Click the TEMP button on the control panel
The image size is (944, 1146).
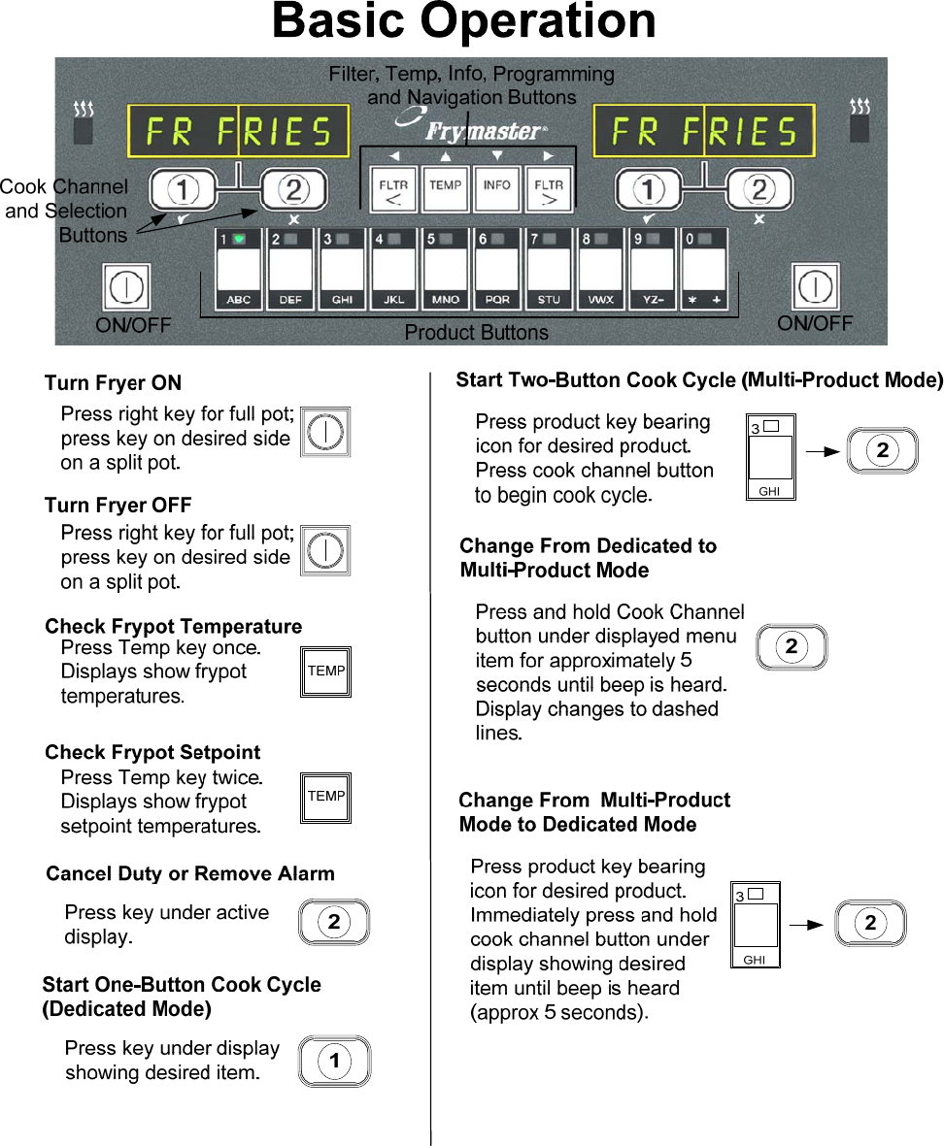(446, 188)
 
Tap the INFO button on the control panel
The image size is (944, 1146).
(497, 188)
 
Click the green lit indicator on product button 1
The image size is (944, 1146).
(239, 238)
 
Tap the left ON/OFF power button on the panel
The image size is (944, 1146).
(126, 289)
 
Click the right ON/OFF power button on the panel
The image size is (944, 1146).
(816, 289)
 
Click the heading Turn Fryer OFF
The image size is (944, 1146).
(118, 505)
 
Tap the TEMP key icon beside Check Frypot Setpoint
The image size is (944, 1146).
(326, 798)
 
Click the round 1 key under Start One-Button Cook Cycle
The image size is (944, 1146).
(334, 1062)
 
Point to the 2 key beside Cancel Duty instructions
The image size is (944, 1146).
(334, 922)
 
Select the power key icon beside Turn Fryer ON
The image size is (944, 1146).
(325, 432)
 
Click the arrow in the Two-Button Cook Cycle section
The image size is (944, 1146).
(823, 450)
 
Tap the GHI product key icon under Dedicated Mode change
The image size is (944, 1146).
(755, 925)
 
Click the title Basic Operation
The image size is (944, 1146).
(464, 21)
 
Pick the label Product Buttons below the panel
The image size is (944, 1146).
(476, 333)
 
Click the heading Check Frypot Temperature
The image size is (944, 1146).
(173, 626)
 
